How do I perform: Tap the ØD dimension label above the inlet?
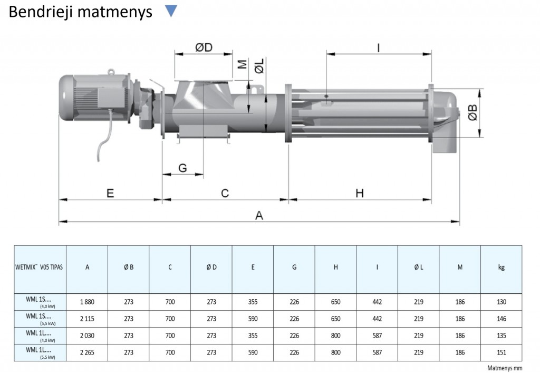pos(203,47)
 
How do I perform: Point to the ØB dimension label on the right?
pos(473,112)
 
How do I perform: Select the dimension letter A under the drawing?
pos(258,215)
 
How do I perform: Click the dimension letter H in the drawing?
pos(359,193)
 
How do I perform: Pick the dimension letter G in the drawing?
pos(182,168)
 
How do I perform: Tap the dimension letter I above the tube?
pos(378,47)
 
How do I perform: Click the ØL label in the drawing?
pos(259,67)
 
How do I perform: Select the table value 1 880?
pos(87,302)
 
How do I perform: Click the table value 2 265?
pos(87,352)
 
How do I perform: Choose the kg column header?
pos(501,267)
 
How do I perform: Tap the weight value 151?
pos(501,352)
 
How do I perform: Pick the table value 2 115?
pos(87,319)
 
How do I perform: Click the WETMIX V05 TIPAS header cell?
pos(40,267)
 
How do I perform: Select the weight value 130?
pos(501,302)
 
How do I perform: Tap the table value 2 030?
pos(87,336)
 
